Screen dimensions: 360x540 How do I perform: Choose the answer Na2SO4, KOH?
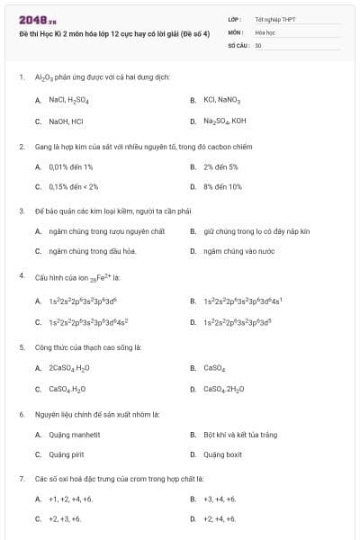(224, 121)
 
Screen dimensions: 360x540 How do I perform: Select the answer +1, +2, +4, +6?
(71, 499)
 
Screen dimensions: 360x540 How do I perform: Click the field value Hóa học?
(265, 31)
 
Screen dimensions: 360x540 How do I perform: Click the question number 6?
(22, 414)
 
